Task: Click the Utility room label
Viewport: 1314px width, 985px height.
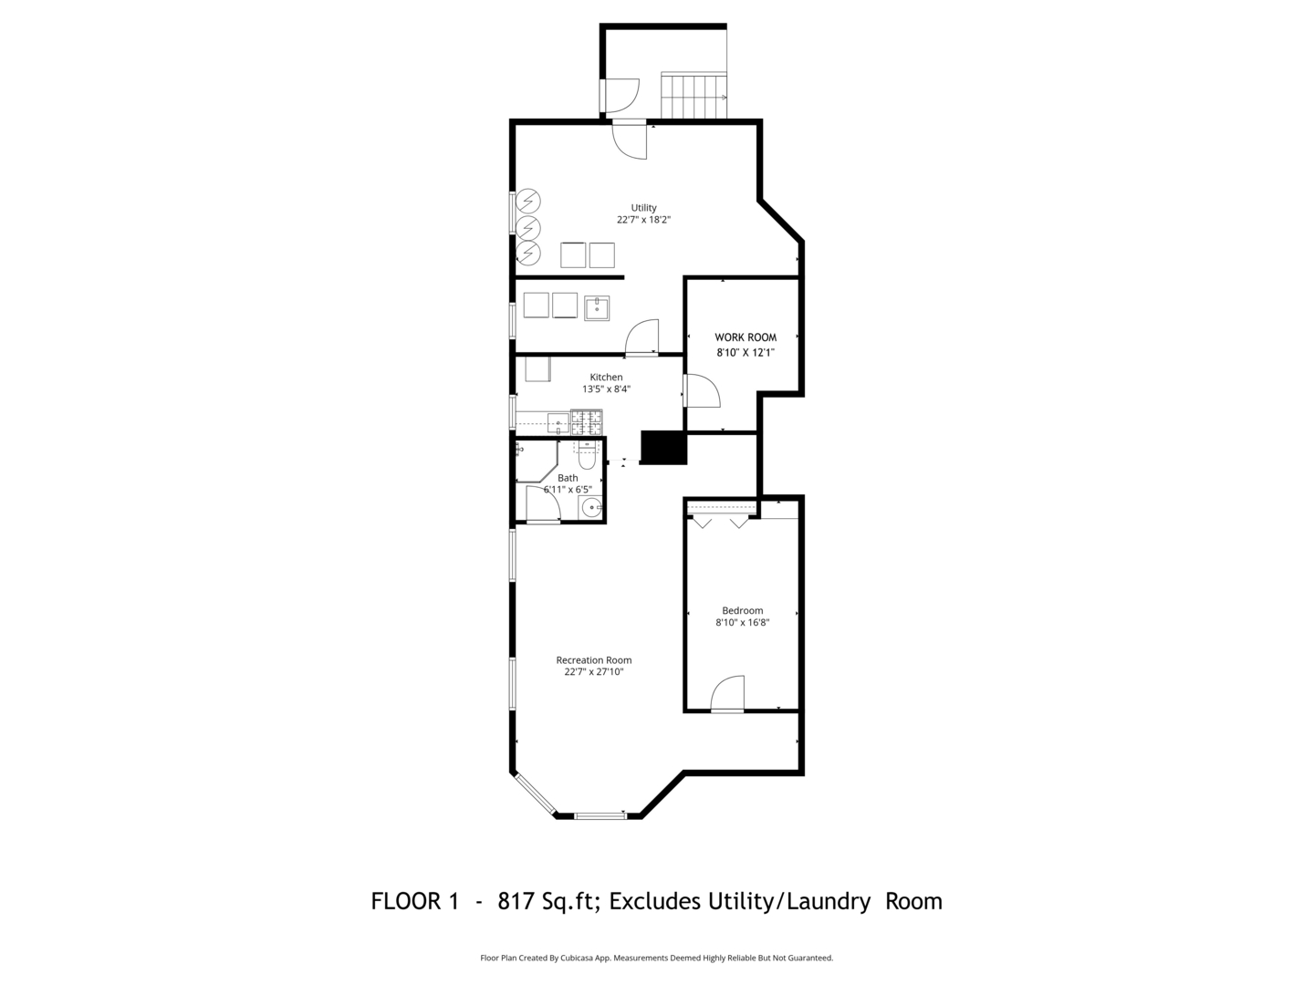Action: pos(643,208)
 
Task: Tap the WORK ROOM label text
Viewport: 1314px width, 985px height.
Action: pos(746,337)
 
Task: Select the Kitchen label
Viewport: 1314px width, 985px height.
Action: pos(607,377)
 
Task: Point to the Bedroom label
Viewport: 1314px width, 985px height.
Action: pos(742,610)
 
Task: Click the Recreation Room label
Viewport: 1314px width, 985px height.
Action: pos(594,659)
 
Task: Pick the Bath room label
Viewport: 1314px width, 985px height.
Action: pos(568,478)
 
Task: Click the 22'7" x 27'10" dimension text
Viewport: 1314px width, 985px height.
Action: pos(594,671)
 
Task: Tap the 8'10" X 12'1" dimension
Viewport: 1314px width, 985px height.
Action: pos(746,353)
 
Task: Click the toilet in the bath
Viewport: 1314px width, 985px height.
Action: pos(587,456)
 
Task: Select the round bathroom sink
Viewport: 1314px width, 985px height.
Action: pos(592,508)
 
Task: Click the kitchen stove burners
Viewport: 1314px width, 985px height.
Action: pos(586,421)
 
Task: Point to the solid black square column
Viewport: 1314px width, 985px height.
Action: pos(663,447)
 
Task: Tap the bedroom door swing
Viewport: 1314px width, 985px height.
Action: pos(727,693)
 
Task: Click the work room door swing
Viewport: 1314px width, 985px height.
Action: pos(703,390)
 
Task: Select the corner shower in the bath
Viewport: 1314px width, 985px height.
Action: pos(537,461)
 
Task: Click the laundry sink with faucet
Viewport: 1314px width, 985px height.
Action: pos(597,308)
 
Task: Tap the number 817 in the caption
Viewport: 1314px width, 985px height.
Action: pos(516,901)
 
